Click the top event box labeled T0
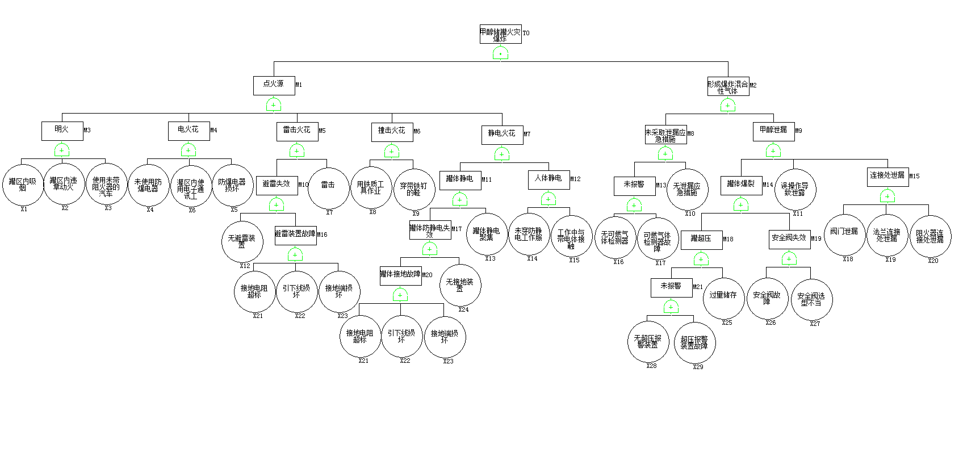[500, 35]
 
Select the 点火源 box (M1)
[274, 86]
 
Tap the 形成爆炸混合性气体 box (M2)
[728, 86]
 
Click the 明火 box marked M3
[62, 131]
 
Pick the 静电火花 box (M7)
[502, 135]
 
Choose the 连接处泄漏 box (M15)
[887, 177]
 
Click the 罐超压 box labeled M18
[701, 240]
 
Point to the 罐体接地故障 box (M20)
[400, 276]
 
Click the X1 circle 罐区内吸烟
[23, 185]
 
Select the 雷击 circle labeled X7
[328, 188]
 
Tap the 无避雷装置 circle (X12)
[242, 241]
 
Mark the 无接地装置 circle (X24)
[460, 285]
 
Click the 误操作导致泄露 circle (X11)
[795, 190]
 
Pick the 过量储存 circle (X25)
[723, 298]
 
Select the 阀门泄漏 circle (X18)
[844, 235]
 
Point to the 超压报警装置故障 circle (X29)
[694, 342]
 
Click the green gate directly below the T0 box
[500, 54]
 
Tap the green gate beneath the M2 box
[728, 106]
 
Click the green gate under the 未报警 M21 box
[671, 307]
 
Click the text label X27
[815, 324]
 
